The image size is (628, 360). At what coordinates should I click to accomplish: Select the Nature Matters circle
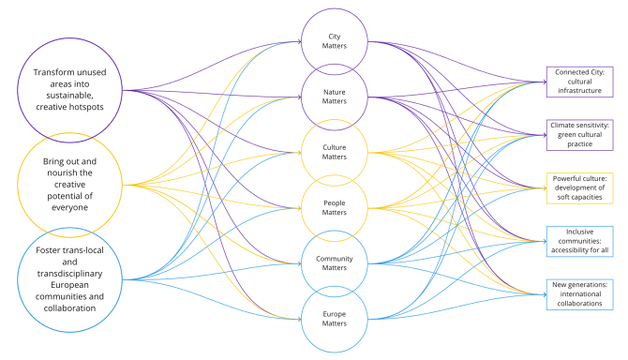click(334, 97)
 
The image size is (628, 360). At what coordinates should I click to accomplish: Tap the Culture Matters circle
click(334, 151)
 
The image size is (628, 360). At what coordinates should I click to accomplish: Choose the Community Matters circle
click(334, 263)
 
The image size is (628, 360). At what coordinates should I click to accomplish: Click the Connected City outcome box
click(579, 82)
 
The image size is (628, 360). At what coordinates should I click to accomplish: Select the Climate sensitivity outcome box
click(579, 134)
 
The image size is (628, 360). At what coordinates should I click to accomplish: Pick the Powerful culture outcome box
click(579, 187)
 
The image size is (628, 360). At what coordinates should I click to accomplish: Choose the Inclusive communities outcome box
click(579, 241)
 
